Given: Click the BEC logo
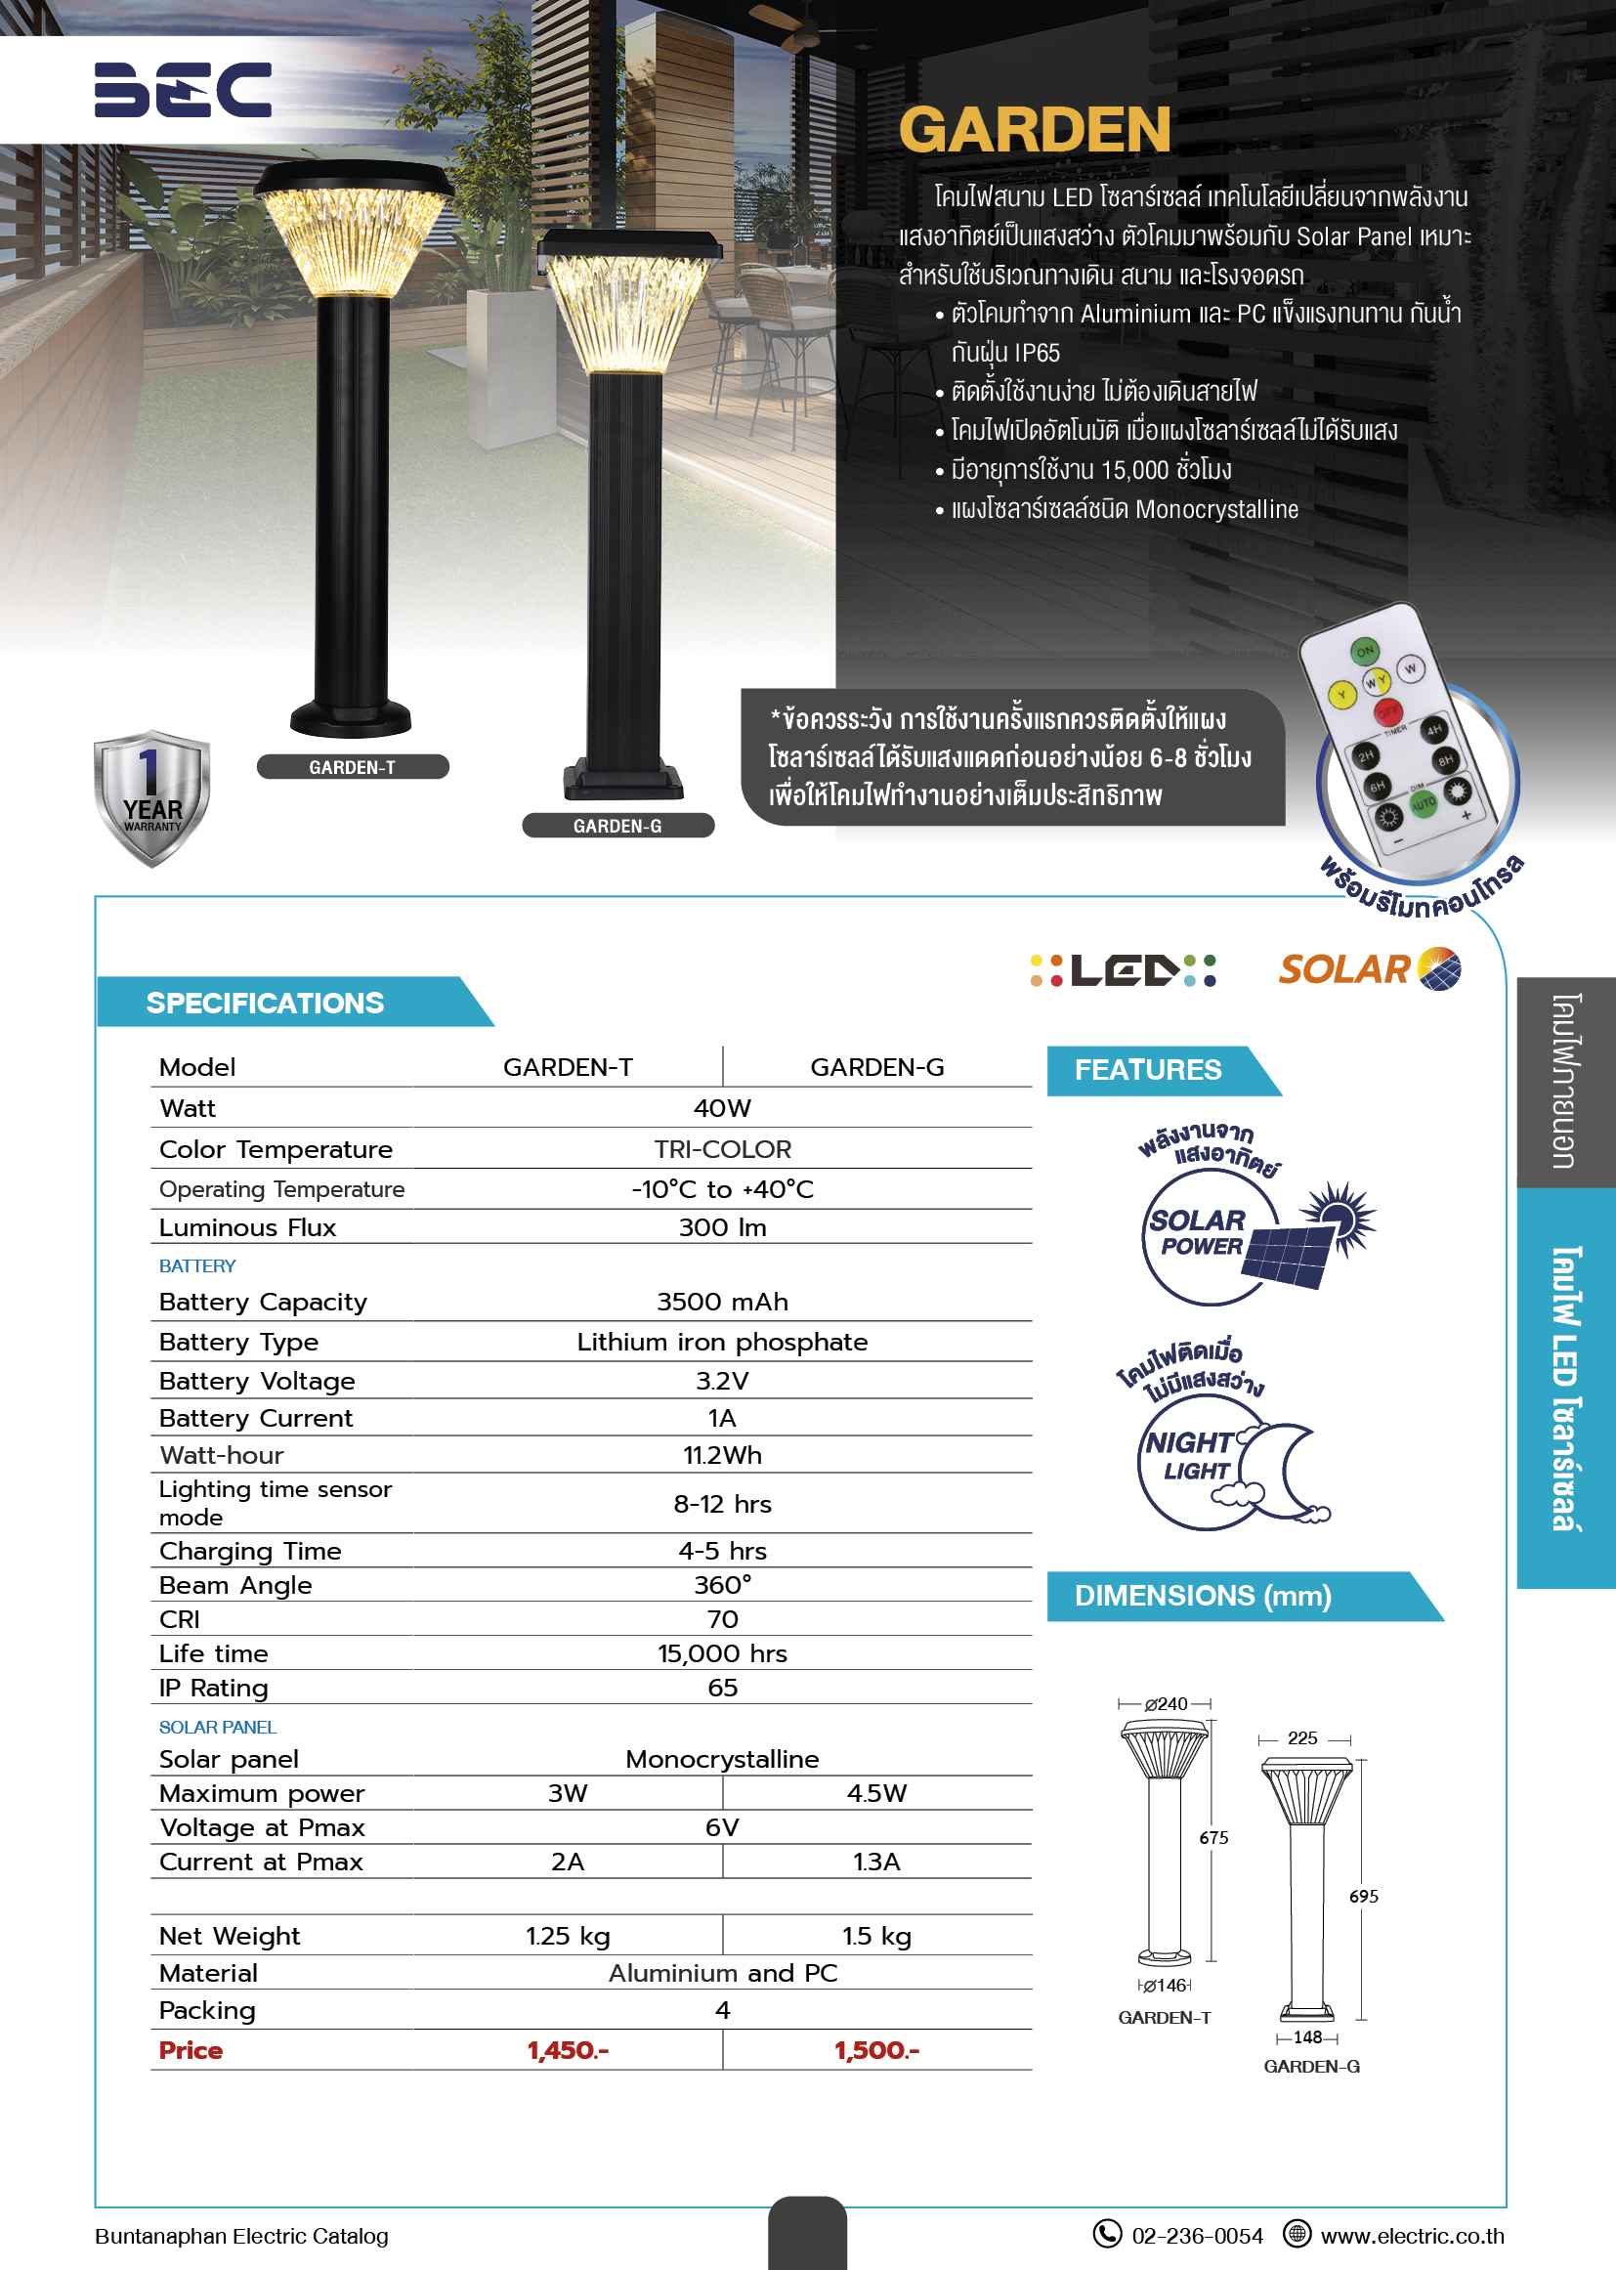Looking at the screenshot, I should tap(182, 90).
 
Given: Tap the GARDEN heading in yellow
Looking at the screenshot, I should tap(1034, 130).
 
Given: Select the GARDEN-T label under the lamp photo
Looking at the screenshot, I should tap(353, 767).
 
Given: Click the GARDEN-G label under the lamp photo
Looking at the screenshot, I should tap(617, 826).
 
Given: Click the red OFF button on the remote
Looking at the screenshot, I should tap(1387, 711).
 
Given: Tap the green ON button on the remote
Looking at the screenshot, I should tap(1364, 652).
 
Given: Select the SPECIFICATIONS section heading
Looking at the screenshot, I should tap(265, 1004).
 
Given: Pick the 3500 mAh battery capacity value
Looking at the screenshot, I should tap(722, 1302).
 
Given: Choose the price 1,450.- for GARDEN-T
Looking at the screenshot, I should tap(568, 2050).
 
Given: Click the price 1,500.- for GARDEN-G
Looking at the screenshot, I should tap(876, 2050).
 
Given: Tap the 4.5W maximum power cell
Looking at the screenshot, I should tap(876, 1793).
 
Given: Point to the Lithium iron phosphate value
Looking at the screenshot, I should tap(722, 1342).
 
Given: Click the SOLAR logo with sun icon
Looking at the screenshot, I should tap(1369, 969).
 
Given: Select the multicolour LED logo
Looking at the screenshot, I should tap(1123, 970).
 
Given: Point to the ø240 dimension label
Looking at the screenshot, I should tap(1166, 1704).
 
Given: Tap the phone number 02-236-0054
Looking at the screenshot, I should tap(1197, 2236).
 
